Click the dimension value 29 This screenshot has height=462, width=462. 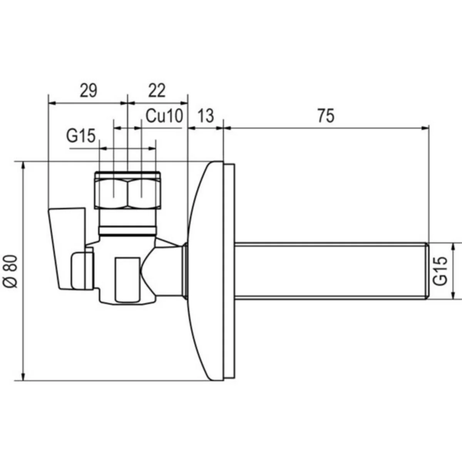pyautogui.click(x=89, y=91)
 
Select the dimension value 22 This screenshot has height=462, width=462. pyautogui.click(x=157, y=91)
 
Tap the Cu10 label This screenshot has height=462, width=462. pyautogui.click(x=164, y=116)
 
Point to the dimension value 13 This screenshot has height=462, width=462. pyautogui.click(x=206, y=116)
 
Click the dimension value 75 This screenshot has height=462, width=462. pyautogui.click(x=326, y=116)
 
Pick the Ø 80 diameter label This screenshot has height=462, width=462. pyautogui.click(x=10, y=271)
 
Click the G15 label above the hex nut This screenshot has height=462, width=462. pyautogui.click(x=81, y=136)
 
